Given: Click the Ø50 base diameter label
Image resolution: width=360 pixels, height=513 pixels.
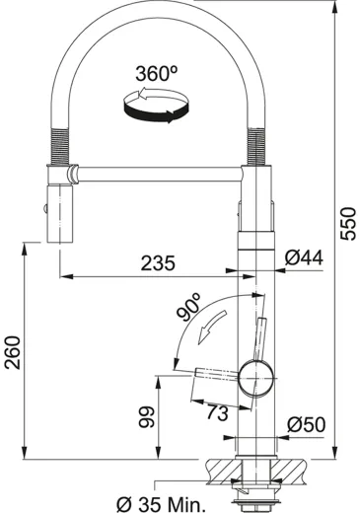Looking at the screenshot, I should tap(306, 424).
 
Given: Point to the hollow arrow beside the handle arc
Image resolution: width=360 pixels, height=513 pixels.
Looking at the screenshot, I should tap(208, 332).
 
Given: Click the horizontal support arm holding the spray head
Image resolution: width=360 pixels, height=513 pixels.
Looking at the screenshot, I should tap(158, 177).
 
